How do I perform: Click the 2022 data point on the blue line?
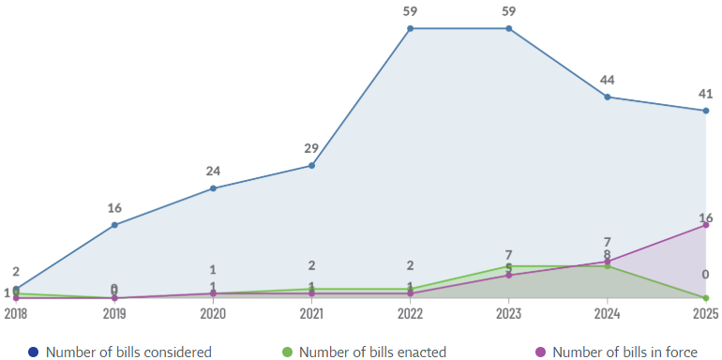click(x=410, y=28)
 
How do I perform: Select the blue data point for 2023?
click(x=509, y=28)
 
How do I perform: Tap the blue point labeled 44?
click(x=608, y=97)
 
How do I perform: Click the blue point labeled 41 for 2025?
click(x=705, y=111)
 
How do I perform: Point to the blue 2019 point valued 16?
click(x=114, y=225)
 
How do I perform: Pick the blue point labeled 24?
click(x=213, y=188)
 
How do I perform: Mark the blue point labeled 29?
click(x=311, y=166)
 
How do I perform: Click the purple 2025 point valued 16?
click(x=705, y=225)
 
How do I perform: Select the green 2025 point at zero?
click(x=705, y=298)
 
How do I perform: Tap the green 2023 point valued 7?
click(x=509, y=266)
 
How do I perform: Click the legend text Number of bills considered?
click(x=128, y=352)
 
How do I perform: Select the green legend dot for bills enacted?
click(x=288, y=352)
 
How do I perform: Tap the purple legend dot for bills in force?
click(x=540, y=352)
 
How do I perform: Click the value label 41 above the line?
click(x=705, y=94)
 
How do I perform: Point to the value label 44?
click(x=608, y=80)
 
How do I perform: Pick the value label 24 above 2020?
click(x=213, y=172)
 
